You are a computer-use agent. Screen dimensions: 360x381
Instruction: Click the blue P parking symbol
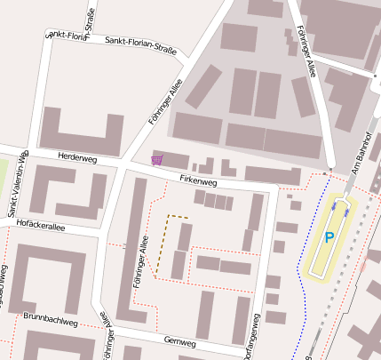[x=329, y=237]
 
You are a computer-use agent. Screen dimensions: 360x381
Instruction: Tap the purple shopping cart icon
[x=157, y=160]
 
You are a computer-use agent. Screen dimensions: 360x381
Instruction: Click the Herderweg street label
[x=76, y=157]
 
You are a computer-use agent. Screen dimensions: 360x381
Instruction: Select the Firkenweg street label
[x=198, y=180]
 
